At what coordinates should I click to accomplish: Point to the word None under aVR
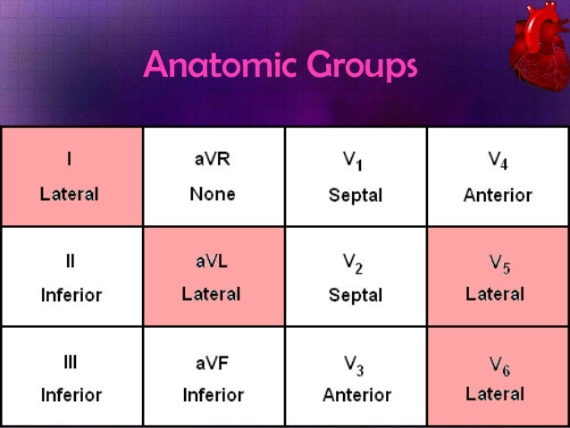click(x=213, y=194)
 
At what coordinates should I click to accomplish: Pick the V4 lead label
click(x=498, y=161)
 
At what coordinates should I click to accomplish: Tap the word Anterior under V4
click(x=498, y=195)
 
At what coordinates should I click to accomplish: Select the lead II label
click(x=71, y=262)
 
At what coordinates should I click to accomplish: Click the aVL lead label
click(x=213, y=262)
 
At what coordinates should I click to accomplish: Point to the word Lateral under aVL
click(x=213, y=294)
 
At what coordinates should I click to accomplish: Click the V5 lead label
click(x=499, y=263)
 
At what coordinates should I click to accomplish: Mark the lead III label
click(x=71, y=362)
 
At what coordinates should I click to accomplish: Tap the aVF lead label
click(x=213, y=362)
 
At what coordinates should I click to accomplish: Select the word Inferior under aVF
click(x=213, y=394)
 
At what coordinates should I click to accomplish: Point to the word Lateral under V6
click(x=495, y=393)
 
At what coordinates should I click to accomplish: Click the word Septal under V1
click(x=356, y=195)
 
